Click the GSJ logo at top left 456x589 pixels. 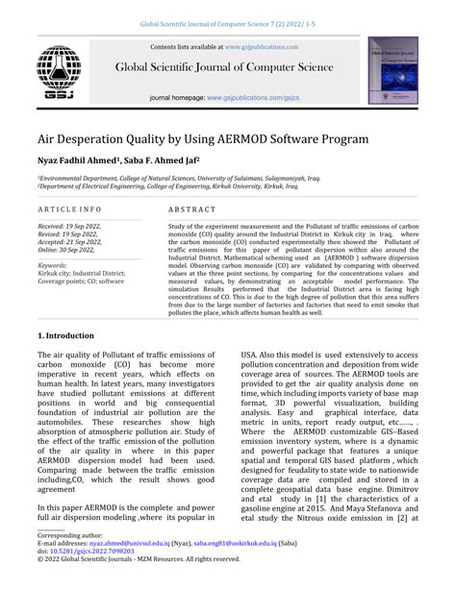pyautogui.click(x=59, y=72)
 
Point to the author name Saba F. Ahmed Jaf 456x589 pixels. pyautogui.click(x=165, y=160)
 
